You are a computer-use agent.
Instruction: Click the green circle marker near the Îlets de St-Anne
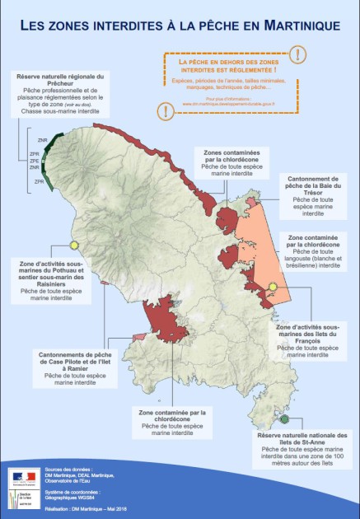tap(284, 418)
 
